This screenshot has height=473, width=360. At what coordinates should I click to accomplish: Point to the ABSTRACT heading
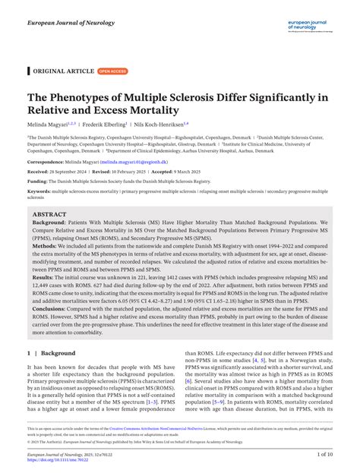pos(49,214)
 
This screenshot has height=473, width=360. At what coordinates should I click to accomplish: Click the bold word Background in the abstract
pos(49,225)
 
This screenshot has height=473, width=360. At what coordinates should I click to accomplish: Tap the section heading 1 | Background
pos(52,353)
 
